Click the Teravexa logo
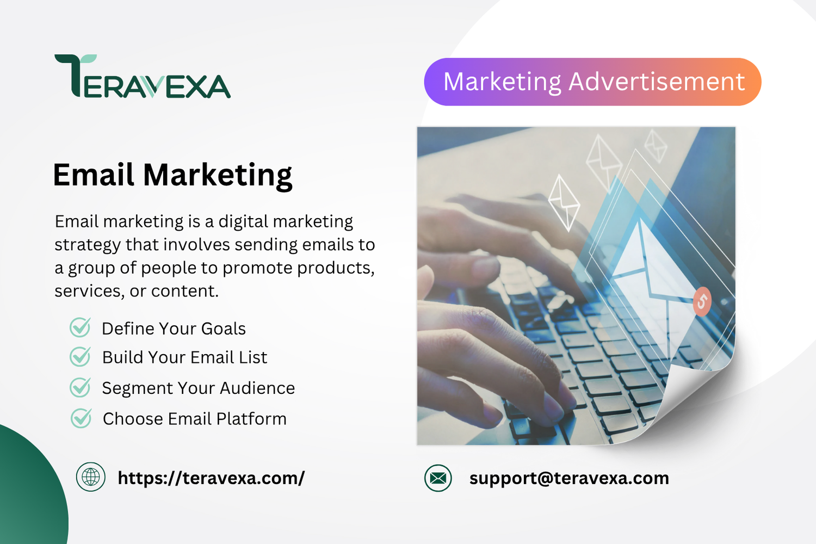coord(143,77)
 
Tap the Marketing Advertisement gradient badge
coord(593,82)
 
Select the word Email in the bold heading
coord(94,175)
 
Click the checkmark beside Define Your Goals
coord(80,327)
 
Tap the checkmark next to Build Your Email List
coord(80,356)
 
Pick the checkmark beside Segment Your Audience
coord(80,387)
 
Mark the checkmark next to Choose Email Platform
coord(81,418)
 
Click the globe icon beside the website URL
coord(91,477)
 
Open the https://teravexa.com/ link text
coord(211,478)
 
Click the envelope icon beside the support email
coord(438,478)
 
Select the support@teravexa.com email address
coord(569,479)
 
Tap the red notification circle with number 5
coord(702,301)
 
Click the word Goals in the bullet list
coord(223,329)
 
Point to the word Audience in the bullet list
coord(257,388)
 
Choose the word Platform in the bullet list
coord(251,419)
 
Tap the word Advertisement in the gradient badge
coord(657,81)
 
